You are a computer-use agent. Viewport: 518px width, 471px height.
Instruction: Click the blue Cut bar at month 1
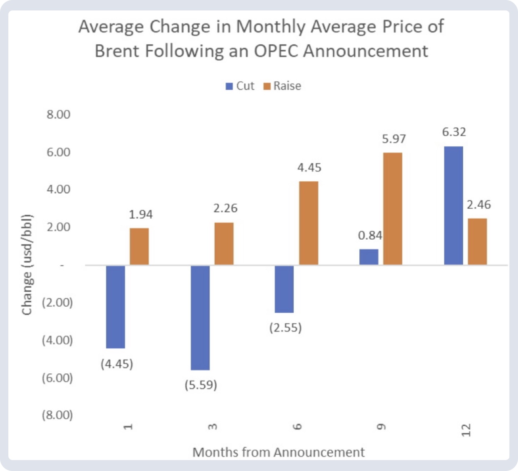[x=116, y=306]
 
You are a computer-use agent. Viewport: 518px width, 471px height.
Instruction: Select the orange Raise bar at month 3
[x=224, y=243]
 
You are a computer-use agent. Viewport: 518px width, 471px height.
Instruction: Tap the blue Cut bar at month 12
[x=453, y=205]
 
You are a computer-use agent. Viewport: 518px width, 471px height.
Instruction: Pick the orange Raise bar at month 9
[x=393, y=209]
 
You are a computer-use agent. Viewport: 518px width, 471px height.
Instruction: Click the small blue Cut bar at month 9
[x=368, y=257]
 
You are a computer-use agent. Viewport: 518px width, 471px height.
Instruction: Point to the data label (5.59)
[x=201, y=385]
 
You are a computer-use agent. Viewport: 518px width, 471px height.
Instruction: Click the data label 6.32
[x=454, y=132]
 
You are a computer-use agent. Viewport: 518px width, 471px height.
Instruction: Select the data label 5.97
[x=394, y=139]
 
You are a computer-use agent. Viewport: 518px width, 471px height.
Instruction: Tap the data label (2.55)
[x=285, y=327]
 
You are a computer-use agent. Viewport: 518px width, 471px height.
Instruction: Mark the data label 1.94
[x=141, y=214]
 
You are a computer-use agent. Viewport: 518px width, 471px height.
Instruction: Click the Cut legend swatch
[x=229, y=86]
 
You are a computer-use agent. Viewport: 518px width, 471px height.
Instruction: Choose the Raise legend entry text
[x=287, y=86]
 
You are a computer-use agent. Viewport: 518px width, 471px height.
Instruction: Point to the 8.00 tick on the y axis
[x=58, y=114]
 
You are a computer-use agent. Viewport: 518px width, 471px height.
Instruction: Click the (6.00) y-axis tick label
[x=57, y=378]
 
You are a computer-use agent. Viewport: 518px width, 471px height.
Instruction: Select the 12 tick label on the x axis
[x=466, y=430]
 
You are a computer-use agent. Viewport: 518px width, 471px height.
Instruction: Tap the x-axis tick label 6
[x=297, y=427]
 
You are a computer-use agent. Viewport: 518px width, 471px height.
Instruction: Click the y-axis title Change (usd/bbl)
[x=27, y=265]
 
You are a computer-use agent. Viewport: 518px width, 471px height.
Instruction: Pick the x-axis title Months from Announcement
[x=279, y=452]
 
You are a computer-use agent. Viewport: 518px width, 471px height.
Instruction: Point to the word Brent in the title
[x=117, y=51]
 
